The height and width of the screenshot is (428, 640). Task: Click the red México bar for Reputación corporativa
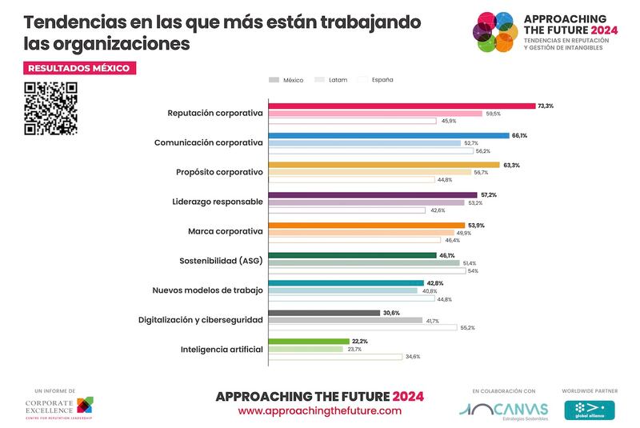tap(401, 106)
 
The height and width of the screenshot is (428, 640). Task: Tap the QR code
tap(51, 109)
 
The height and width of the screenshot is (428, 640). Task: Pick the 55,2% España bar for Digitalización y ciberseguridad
tap(362, 328)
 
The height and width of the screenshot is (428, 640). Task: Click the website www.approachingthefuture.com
tap(319, 410)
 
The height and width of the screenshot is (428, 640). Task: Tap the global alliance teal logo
tap(590, 410)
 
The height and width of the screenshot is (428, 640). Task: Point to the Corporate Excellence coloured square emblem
tap(84, 405)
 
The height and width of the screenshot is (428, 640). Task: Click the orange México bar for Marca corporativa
tap(366, 225)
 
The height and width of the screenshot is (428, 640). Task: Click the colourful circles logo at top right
tap(493, 31)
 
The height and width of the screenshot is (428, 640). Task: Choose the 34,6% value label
tap(413, 357)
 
